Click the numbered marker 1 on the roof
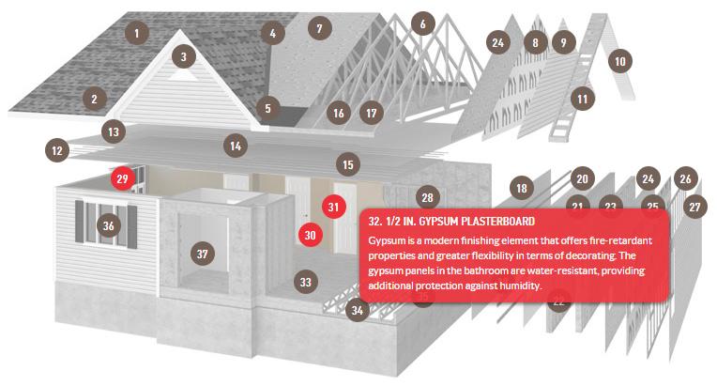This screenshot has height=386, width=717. pyautogui.click(x=136, y=33)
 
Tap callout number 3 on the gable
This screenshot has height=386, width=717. pyautogui.click(x=183, y=56)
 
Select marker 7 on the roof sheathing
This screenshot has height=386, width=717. pyautogui.click(x=319, y=28)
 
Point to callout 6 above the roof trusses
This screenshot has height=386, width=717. pyautogui.click(x=422, y=23)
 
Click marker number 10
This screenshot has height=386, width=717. pyautogui.click(x=620, y=61)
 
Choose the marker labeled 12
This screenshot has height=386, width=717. pyautogui.click(x=57, y=150)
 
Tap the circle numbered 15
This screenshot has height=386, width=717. pyautogui.click(x=348, y=164)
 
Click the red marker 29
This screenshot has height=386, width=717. pyautogui.click(x=123, y=178)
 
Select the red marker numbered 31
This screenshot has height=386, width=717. pyautogui.click(x=333, y=207)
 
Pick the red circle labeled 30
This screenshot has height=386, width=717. pyautogui.click(x=311, y=235)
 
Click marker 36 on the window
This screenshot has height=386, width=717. pyautogui.click(x=108, y=225)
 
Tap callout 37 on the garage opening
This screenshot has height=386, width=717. pyautogui.click(x=202, y=254)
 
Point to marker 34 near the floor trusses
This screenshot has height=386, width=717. pyautogui.click(x=358, y=310)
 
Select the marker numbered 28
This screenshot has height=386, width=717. pyautogui.click(x=428, y=197)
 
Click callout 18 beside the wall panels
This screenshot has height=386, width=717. pyautogui.click(x=522, y=188)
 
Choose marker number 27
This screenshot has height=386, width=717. pyautogui.click(x=694, y=207)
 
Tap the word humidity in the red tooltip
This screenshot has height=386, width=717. pyautogui.click(x=521, y=286)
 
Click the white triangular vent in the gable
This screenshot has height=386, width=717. pyautogui.click(x=183, y=74)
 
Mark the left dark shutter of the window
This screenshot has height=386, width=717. pyautogui.click(x=80, y=222)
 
